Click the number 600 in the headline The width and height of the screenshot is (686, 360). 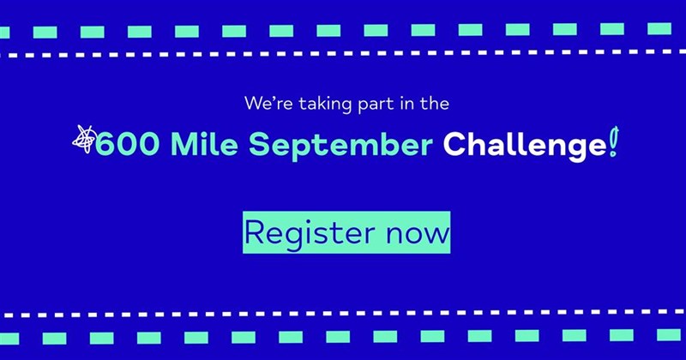[127, 145]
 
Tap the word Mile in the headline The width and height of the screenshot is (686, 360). [204, 144]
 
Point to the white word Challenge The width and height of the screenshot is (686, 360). [525, 145]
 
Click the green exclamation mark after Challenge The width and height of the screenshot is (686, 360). [614, 141]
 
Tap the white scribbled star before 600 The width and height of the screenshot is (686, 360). [84, 139]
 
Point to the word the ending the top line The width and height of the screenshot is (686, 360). [434, 103]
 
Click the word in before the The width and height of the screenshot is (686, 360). [406, 104]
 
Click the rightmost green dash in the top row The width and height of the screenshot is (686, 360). [659, 29]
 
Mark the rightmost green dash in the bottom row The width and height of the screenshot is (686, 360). [669, 334]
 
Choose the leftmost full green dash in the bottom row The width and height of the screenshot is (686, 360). [54, 339]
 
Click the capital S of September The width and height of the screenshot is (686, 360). [259, 144]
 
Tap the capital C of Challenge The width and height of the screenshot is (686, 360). [455, 144]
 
